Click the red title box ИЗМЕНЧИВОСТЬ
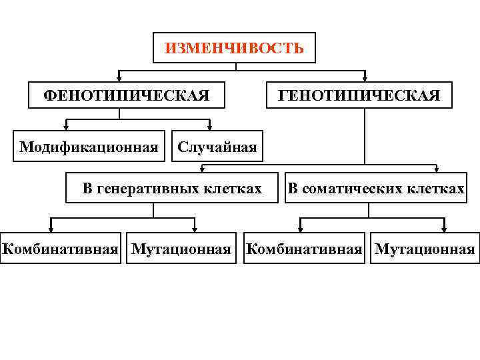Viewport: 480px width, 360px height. pyautogui.click(x=234, y=48)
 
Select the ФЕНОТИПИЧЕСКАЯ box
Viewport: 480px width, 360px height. pyautogui.click(x=127, y=95)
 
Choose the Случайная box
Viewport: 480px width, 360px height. pyautogui.click(x=217, y=147)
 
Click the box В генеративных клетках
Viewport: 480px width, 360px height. pyautogui.click(x=172, y=188)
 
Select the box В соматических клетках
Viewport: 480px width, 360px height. pyautogui.click(x=376, y=188)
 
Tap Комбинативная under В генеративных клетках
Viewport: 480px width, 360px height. pyautogui.click(x=61, y=249)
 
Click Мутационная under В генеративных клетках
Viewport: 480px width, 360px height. pyautogui.click(x=181, y=249)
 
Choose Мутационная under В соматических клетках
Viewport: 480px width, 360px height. pyautogui.click(x=425, y=249)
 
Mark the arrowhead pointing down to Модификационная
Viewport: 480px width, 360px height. pyautogui.click(x=66, y=126)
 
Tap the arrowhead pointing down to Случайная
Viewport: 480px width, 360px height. pyautogui.click(x=209, y=126)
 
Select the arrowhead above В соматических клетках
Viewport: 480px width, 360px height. pyautogui.click(x=437, y=169)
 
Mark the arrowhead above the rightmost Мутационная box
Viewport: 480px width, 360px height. pyautogui.click(x=443, y=229)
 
